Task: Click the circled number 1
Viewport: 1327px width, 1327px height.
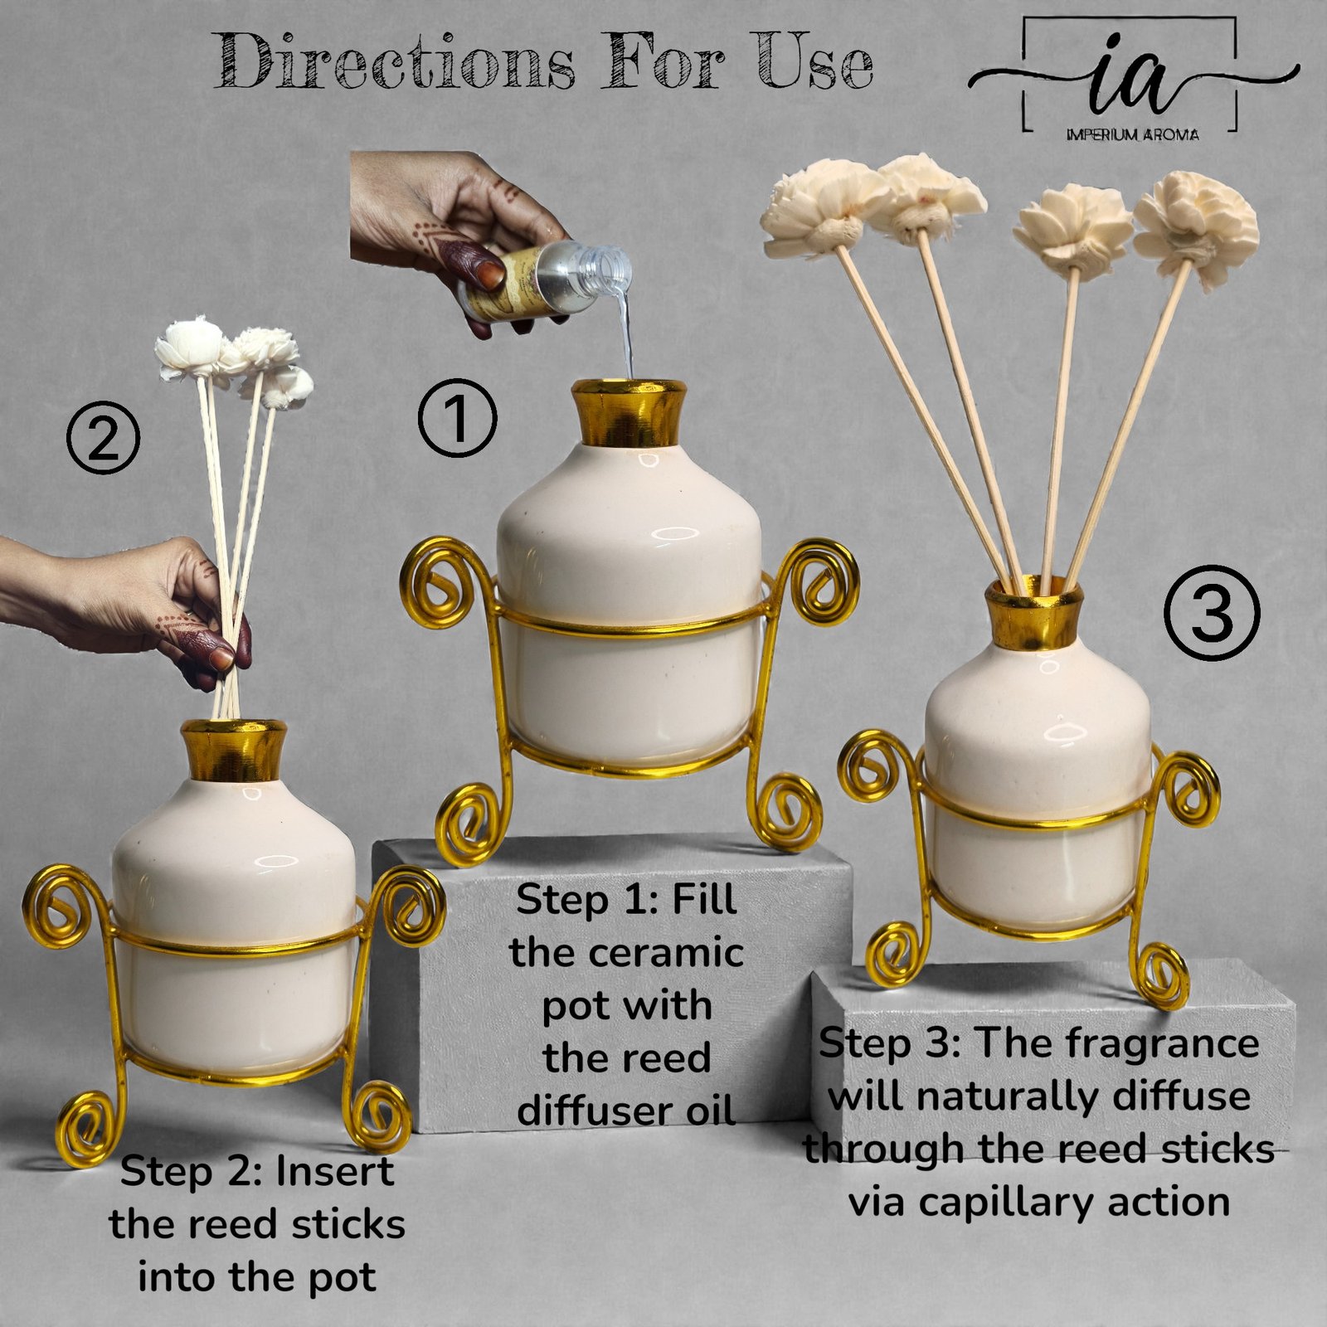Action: click(457, 419)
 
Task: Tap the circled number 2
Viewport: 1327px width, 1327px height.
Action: click(103, 438)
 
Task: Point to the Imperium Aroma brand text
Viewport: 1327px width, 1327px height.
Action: click(1132, 134)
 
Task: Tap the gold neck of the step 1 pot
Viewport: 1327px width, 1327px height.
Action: click(629, 414)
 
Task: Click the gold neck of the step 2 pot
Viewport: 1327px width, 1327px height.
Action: click(234, 750)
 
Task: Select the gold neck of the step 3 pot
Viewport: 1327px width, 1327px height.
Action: click(1033, 613)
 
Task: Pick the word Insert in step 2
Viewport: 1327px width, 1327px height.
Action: click(334, 1171)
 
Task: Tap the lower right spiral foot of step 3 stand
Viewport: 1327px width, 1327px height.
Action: click(1161, 972)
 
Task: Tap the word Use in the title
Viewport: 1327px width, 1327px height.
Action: click(814, 61)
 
